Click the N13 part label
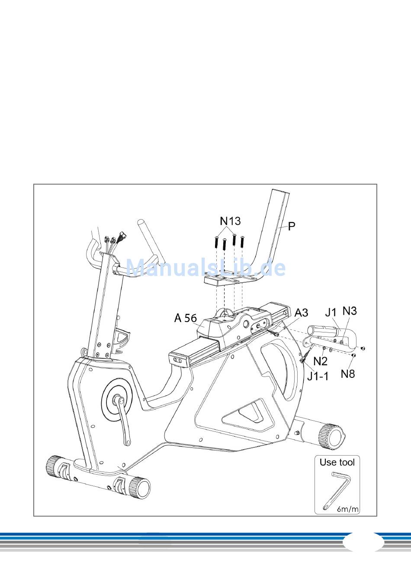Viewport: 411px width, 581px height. point(230,221)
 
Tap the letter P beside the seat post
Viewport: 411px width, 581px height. point(292,226)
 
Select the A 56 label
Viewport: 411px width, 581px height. point(186,318)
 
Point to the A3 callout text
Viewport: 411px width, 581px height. point(301,313)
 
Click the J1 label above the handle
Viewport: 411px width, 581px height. point(331,313)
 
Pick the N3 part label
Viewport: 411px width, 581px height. point(350,311)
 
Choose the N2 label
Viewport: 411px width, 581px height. point(321,361)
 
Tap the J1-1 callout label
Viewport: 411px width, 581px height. point(318,376)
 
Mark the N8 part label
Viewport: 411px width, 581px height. point(348,374)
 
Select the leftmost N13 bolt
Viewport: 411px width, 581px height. point(217,242)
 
